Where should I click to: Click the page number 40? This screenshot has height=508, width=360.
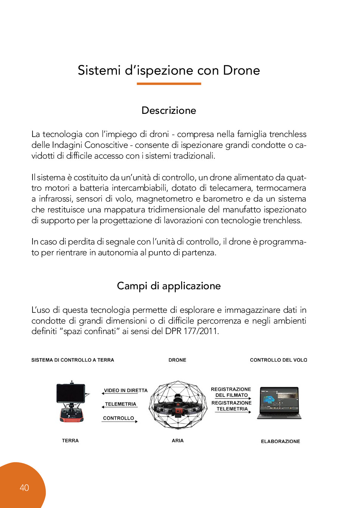[x=24, y=487]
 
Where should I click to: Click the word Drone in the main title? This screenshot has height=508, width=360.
[x=241, y=70]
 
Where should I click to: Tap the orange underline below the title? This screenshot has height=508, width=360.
[x=169, y=84]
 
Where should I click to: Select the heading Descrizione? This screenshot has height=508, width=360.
[x=169, y=110]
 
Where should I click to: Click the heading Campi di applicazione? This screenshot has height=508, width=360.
[x=169, y=286]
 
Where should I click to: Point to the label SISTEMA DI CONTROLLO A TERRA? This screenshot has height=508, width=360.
[x=72, y=360]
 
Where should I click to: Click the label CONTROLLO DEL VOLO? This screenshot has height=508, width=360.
[x=278, y=360]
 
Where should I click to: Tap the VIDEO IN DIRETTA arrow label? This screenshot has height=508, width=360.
[x=125, y=390]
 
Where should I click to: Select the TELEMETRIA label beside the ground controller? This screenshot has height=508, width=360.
[x=120, y=404]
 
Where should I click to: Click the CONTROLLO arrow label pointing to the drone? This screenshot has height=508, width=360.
[x=118, y=418]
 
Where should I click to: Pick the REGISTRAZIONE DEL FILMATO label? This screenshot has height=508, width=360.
[x=231, y=392]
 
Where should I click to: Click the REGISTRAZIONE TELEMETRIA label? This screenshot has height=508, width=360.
[x=232, y=406]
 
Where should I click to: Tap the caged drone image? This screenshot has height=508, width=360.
[x=178, y=405]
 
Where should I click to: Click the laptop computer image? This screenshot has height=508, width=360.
[x=279, y=403]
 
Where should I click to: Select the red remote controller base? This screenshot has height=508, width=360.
[x=71, y=414]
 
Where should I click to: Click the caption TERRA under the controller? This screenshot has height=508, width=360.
[x=70, y=441]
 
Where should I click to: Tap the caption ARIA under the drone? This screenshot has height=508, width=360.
[x=178, y=441]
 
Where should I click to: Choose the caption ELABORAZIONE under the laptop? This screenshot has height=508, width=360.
[x=280, y=442]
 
